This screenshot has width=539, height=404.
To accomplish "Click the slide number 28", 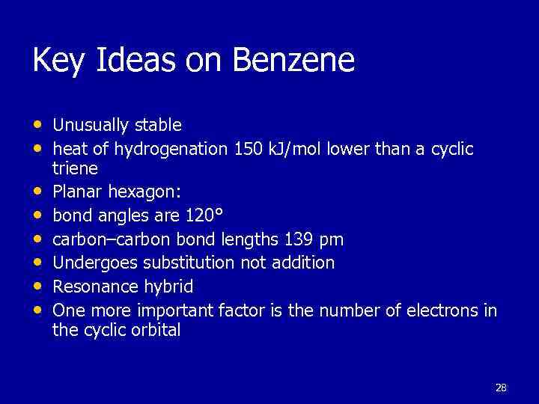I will [501, 388].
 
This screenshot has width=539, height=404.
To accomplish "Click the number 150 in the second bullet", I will [248, 149].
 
